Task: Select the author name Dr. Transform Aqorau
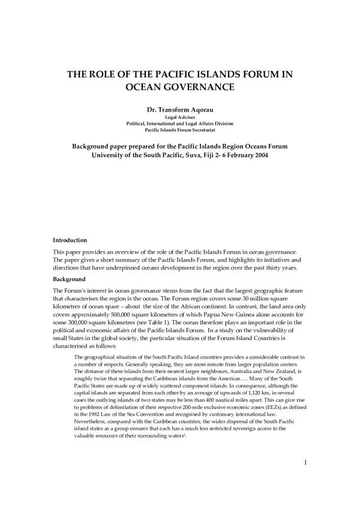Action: click(x=179, y=110)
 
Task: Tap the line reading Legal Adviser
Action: click(x=179, y=118)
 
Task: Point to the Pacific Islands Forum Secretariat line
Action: click(x=179, y=129)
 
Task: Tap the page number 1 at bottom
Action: click(x=305, y=462)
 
